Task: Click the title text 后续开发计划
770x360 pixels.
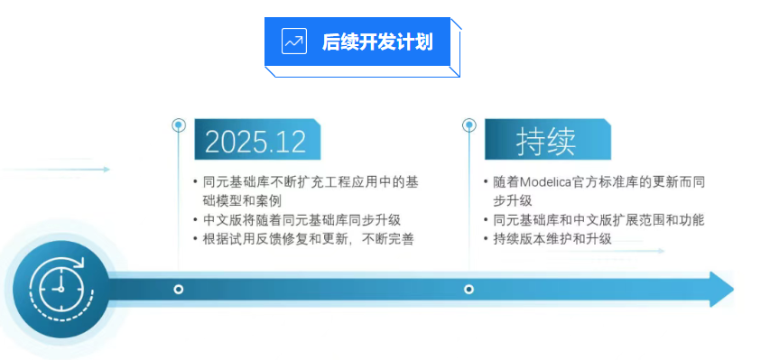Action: (377, 42)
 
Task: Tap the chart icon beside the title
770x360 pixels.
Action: (294, 42)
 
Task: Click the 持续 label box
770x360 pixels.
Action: (548, 140)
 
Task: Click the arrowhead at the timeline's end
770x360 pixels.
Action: (722, 290)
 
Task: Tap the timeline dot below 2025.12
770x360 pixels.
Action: (178, 290)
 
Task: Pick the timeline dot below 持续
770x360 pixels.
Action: (469, 290)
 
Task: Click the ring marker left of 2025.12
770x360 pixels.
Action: (179, 125)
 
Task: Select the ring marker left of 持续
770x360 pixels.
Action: (469, 125)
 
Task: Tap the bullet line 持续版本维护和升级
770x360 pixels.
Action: (552, 239)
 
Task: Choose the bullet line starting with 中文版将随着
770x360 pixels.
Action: (302, 219)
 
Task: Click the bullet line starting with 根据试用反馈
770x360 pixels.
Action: (309, 239)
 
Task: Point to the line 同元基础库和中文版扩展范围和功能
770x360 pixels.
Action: (599, 219)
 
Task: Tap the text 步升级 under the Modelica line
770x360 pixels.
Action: (513, 201)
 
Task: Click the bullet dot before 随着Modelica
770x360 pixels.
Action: (486, 182)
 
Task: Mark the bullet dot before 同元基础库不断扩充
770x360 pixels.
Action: (196, 182)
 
